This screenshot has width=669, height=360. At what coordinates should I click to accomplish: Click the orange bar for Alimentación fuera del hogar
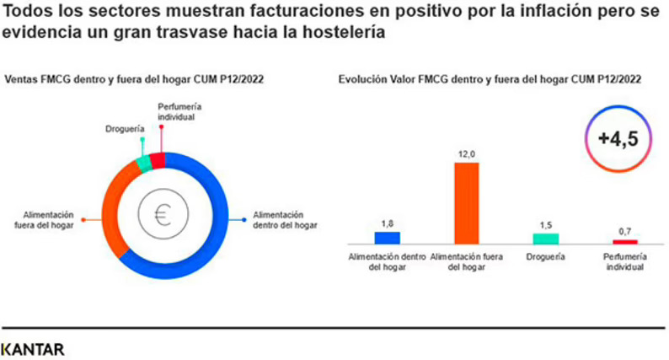click(x=466, y=202)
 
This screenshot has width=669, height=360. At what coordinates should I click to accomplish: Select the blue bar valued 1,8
click(x=388, y=237)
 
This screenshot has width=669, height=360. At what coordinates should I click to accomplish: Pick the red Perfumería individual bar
click(x=624, y=241)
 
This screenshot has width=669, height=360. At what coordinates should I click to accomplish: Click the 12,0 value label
click(x=467, y=153)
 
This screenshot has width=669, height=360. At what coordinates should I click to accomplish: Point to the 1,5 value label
click(x=545, y=225)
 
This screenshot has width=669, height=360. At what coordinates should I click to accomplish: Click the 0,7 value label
click(x=624, y=231)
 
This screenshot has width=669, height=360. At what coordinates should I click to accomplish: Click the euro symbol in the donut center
click(x=162, y=216)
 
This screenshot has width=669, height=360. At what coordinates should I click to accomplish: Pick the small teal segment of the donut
click(x=143, y=164)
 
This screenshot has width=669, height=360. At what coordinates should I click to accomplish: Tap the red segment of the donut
click(x=157, y=160)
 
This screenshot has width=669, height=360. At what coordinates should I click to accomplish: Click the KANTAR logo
click(x=33, y=348)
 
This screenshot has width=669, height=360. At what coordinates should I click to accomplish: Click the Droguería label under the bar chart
click(x=545, y=256)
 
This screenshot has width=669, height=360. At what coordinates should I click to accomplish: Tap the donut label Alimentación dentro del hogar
click(x=285, y=219)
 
